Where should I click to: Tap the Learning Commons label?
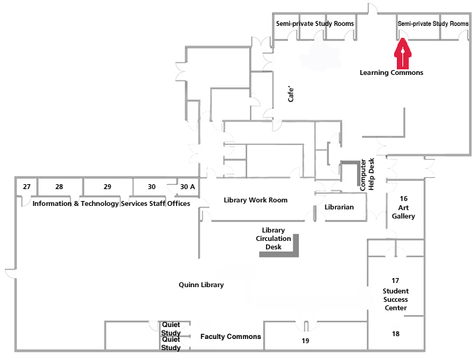click(x=391, y=72)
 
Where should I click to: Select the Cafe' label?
click(x=292, y=95)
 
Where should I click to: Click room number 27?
click(x=27, y=187)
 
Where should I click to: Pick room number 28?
click(x=59, y=187)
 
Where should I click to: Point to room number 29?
click(x=107, y=187)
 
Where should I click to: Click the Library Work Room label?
click(x=255, y=200)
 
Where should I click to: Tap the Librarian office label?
click(x=339, y=207)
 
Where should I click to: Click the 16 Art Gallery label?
click(x=403, y=207)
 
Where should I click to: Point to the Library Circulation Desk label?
click(x=273, y=238)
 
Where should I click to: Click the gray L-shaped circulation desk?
click(x=294, y=249)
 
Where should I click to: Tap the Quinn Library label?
click(x=201, y=285)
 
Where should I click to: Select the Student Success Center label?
click(x=395, y=294)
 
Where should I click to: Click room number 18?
click(x=395, y=334)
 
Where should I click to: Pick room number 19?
click(x=305, y=341)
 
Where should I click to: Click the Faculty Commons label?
click(x=230, y=337)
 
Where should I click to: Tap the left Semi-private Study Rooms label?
click(x=314, y=24)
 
